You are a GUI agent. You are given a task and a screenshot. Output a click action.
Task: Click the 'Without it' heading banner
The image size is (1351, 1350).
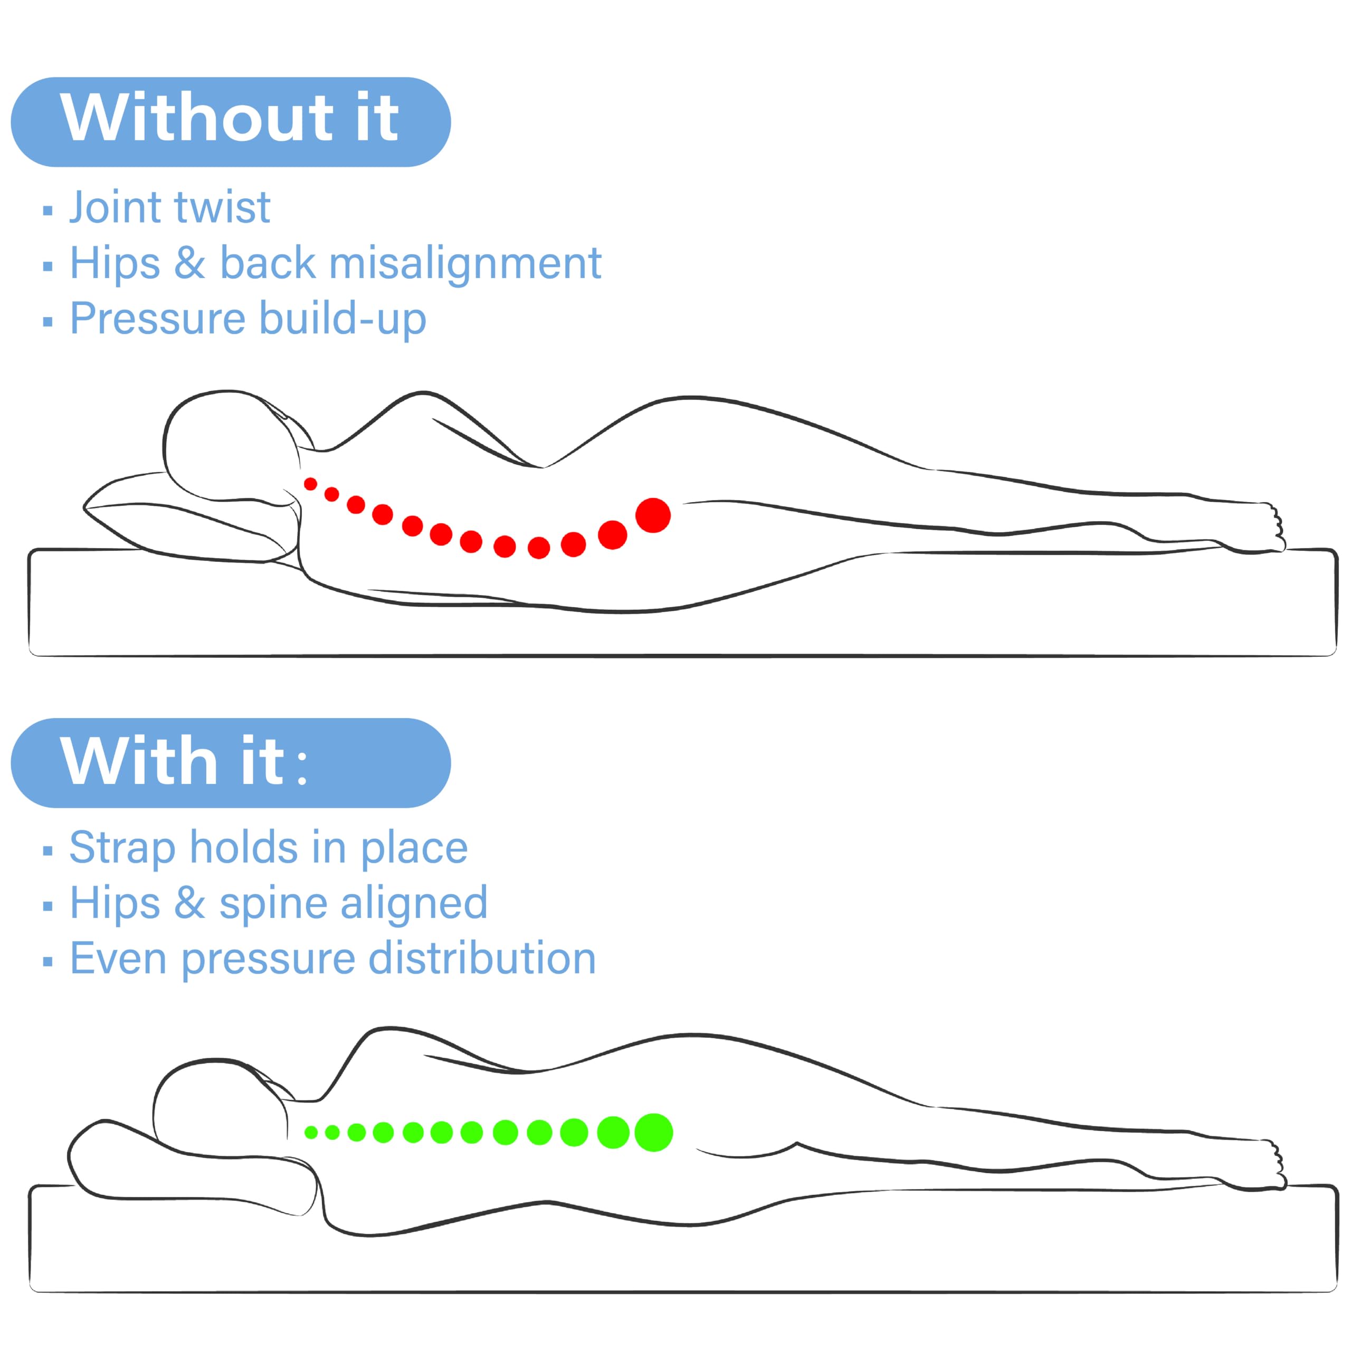pos(231,122)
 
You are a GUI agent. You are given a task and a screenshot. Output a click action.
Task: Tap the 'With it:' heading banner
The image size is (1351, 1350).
pos(231,763)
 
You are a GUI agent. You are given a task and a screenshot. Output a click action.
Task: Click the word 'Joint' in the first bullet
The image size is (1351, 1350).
pos(116,208)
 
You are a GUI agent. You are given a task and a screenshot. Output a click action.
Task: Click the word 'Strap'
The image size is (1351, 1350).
pos(122,848)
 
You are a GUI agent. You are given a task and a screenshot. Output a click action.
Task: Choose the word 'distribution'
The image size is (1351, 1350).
pos(482,959)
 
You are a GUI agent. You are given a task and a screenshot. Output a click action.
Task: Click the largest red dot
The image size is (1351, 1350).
pos(653,515)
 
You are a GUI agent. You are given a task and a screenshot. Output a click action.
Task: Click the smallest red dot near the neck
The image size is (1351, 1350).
pos(310,484)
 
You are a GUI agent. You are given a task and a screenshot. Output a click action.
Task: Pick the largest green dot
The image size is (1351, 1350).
pos(654,1132)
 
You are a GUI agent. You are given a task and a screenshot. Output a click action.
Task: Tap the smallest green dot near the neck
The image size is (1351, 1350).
pos(311,1133)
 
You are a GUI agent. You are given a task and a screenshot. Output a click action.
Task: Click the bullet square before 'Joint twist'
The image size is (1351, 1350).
pos(47,210)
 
